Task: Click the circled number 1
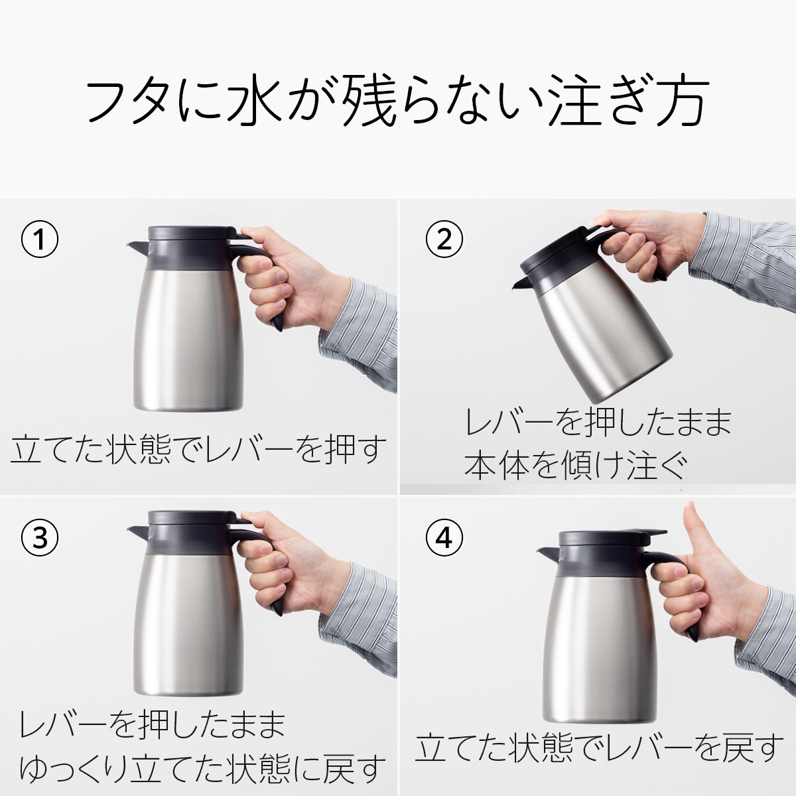pos(40,239)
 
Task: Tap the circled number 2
pos(444,239)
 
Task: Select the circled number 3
pos(40,538)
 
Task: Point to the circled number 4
pos(444,538)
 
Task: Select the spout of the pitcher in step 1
pos(137,248)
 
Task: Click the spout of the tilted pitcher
pos(523,284)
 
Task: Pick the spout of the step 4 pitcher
pos(547,553)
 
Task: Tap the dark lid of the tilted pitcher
pos(558,252)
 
